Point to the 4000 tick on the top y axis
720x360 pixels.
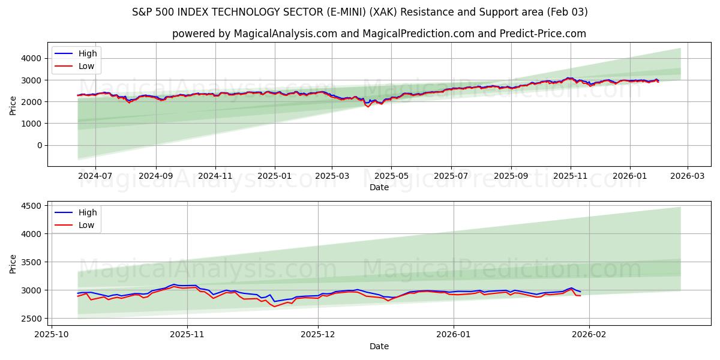pyautogui.click(x=31, y=58)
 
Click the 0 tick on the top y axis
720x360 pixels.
pyautogui.click(x=40, y=145)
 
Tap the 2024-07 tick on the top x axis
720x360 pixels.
pyautogui.click(x=95, y=176)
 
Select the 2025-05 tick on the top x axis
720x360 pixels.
pyautogui.click(x=391, y=176)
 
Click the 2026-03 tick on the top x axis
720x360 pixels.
pyautogui.click(x=688, y=176)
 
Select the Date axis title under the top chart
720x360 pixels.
pyautogui.click(x=379, y=187)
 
